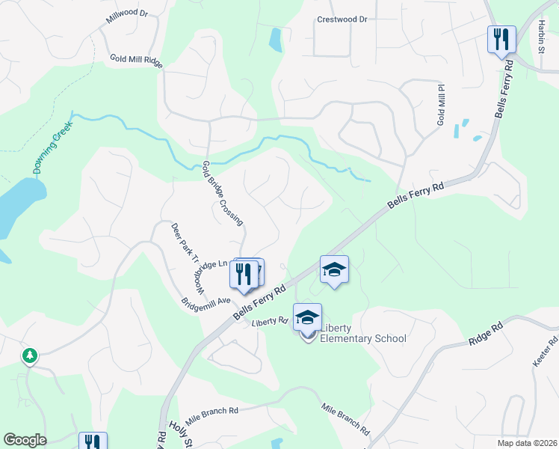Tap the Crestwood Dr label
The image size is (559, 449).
342,19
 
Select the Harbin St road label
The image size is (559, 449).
541,37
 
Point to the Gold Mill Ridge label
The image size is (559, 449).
136,59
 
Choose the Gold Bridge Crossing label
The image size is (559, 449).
223,192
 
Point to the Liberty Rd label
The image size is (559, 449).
270,322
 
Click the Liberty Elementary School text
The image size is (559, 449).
362,333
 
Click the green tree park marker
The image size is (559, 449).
30,355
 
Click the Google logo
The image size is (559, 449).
25,440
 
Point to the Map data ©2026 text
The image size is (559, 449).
527,443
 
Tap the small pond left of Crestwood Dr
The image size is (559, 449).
275,39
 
